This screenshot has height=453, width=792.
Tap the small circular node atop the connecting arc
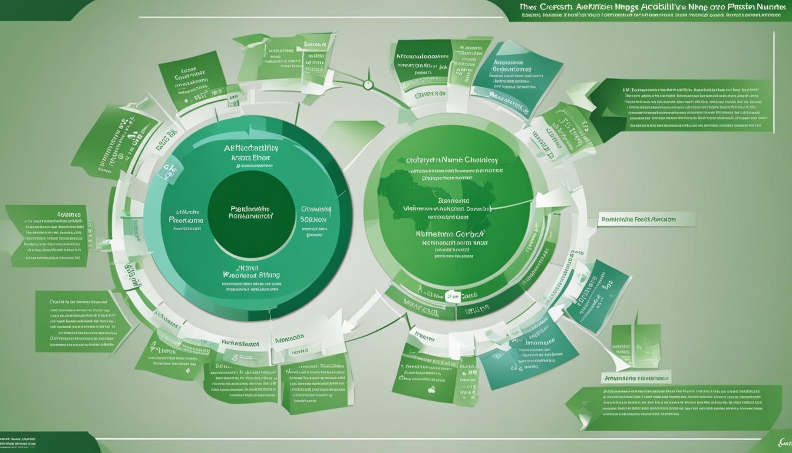pos(368,84)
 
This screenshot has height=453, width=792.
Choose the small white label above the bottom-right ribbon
pos(636,376)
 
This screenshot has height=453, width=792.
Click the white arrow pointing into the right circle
pos(554,199)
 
